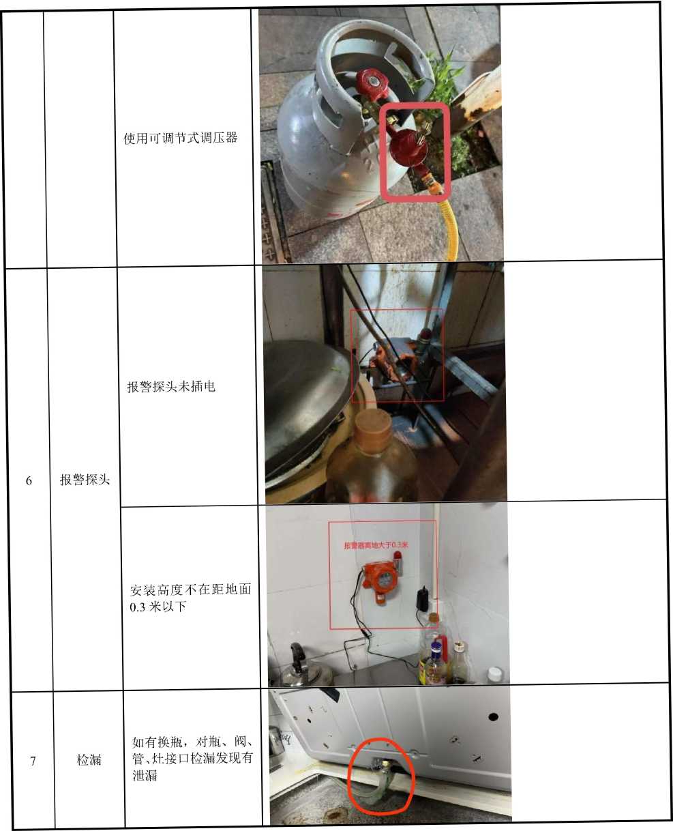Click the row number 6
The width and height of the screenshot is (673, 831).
click(x=29, y=480)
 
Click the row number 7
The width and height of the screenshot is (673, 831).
click(x=33, y=761)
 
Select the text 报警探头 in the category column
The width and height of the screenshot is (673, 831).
click(x=85, y=480)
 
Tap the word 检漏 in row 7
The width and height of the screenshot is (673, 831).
click(x=89, y=759)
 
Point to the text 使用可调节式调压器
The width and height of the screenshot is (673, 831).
click(x=181, y=138)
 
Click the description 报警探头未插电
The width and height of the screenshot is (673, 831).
click(x=170, y=386)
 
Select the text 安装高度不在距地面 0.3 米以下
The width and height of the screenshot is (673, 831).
click(x=190, y=598)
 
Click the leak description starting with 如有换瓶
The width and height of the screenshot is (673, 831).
click(x=192, y=759)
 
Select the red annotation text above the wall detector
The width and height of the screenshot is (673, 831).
click(x=376, y=544)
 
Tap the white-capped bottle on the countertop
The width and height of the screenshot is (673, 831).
click(x=495, y=675)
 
